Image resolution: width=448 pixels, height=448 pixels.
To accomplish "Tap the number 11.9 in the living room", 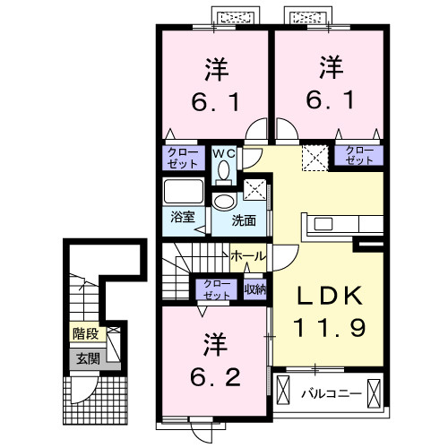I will click(x=326, y=329).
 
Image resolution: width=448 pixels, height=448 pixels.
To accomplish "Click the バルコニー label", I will click(x=329, y=392).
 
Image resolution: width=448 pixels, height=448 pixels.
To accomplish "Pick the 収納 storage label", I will click(x=255, y=288).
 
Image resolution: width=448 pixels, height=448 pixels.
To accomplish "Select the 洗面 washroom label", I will click(x=244, y=219).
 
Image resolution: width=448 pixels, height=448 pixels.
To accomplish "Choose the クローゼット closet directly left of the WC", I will click(x=184, y=159).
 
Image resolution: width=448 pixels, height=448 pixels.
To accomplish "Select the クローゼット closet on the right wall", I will click(x=359, y=153).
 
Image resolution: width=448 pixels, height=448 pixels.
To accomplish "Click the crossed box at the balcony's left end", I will click(x=285, y=392).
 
